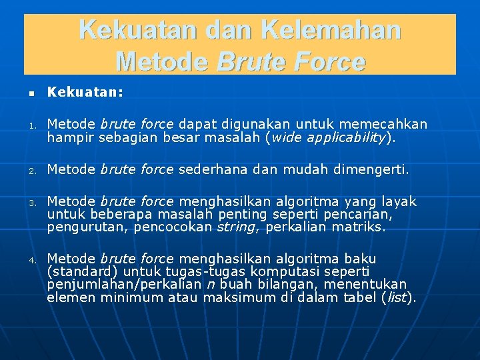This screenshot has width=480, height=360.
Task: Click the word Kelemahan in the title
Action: pyautogui.click(x=331, y=30)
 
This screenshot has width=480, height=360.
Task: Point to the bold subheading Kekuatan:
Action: pyautogui.click(x=85, y=93)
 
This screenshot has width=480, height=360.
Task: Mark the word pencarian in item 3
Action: pyautogui.click(x=358, y=214)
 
